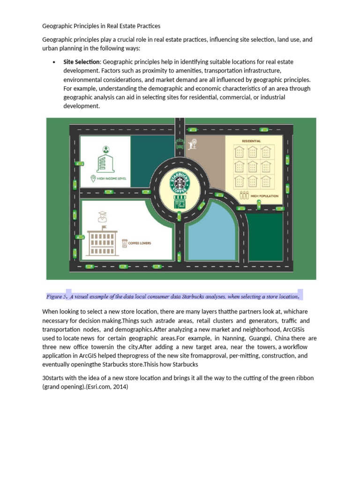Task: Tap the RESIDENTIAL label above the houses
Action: coord(251,141)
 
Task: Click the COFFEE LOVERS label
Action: coord(140,243)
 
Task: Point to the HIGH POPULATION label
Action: coord(264,196)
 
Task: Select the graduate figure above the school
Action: coord(102,217)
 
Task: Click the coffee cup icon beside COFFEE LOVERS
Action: coord(124,243)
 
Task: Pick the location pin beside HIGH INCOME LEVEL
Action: coord(93,178)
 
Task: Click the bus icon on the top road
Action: coord(179,143)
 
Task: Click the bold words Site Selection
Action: coord(82,62)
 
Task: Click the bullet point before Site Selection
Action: coord(54,62)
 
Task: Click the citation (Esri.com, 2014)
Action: coord(111,387)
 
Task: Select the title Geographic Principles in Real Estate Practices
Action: coord(101,26)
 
